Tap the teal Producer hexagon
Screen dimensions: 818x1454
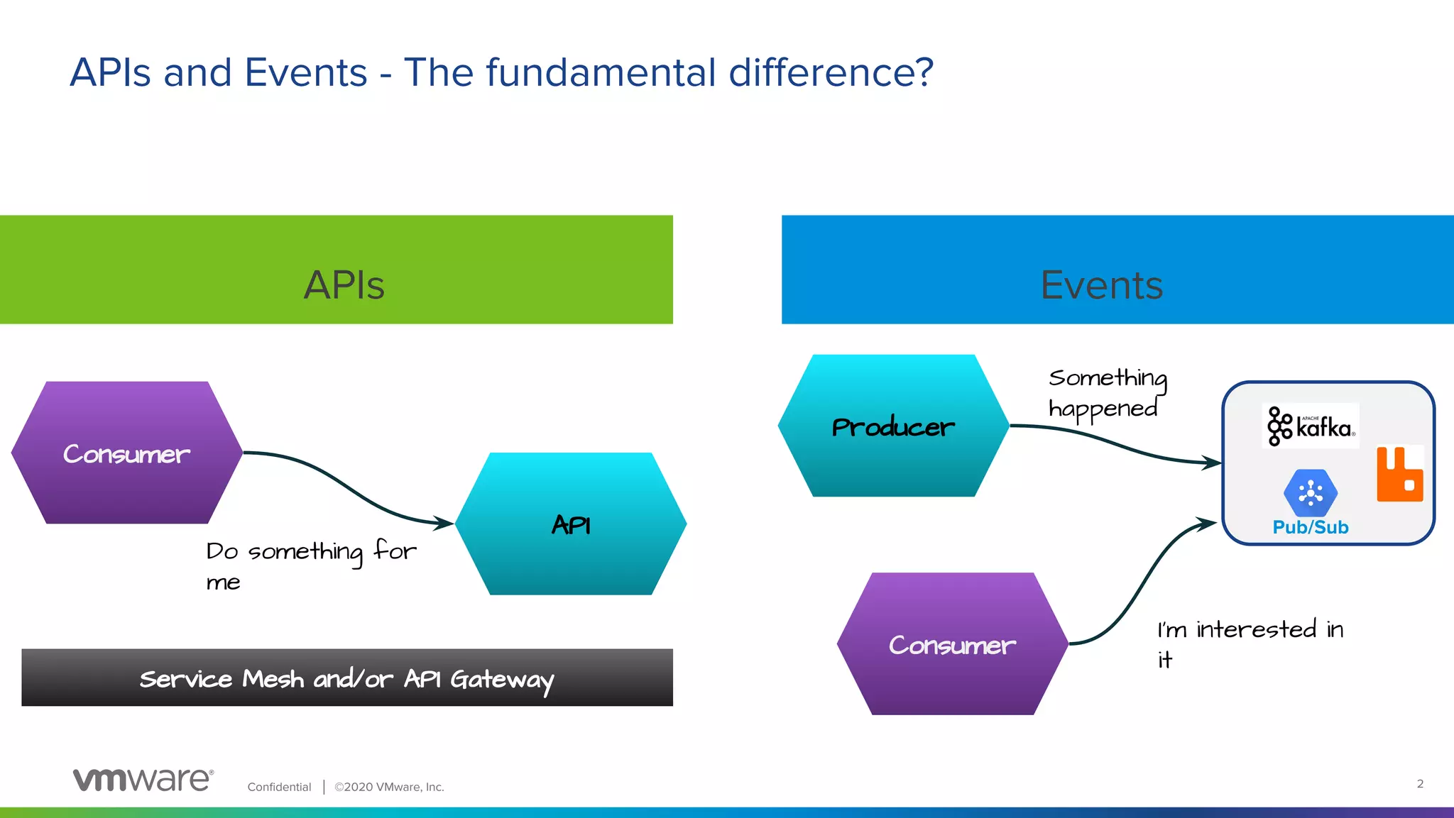click(x=893, y=426)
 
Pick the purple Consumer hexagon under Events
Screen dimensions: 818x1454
click(x=952, y=643)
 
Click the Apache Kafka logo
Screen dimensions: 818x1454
click(x=1311, y=426)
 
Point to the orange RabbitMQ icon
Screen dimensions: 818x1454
click(x=1399, y=474)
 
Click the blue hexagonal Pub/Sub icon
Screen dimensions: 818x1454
click(x=1311, y=492)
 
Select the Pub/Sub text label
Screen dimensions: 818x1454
click(x=1311, y=527)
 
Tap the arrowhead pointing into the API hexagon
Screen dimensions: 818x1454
click(x=446, y=524)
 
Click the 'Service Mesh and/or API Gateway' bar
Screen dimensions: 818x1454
click(x=347, y=678)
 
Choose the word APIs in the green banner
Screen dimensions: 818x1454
click(x=344, y=285)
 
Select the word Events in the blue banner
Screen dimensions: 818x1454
click(x=1102, y=285)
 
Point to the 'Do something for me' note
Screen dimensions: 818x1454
click(x=310, y=565)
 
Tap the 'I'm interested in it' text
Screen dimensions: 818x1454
click(x=1250, y=643)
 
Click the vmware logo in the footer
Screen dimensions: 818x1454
click(x=143, y=779)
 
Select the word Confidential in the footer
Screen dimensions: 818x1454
click(x=279, y=787)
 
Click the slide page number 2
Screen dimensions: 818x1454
click(x=1420, y=783)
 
